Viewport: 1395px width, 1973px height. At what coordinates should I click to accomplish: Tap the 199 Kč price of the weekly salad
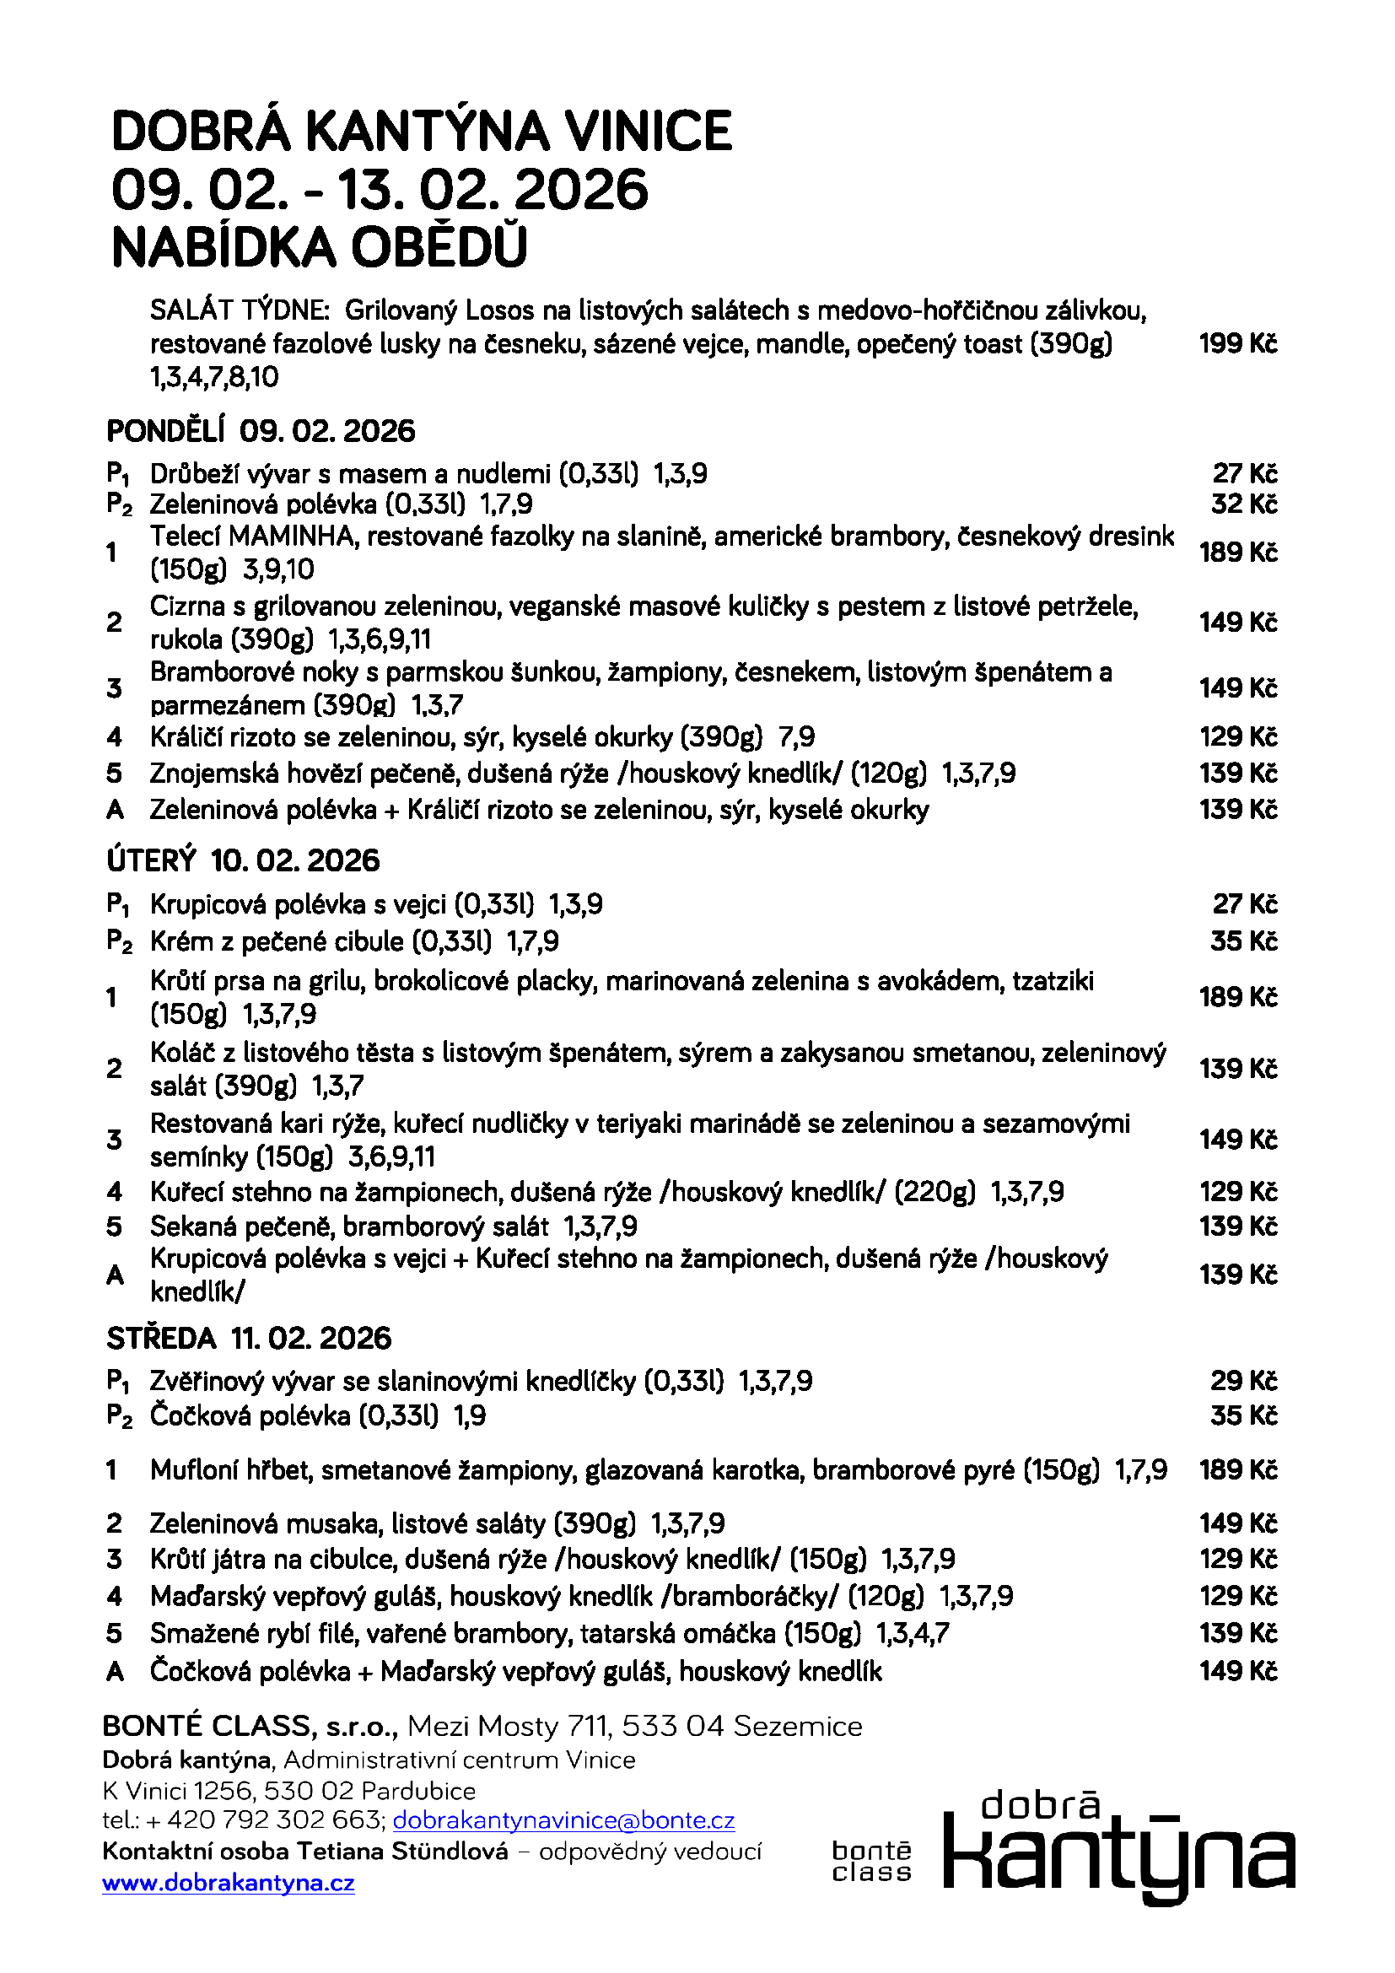1238,343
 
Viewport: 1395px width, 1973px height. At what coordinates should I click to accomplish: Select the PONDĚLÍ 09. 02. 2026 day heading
261,430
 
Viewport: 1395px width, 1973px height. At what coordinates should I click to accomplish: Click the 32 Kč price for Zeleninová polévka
1244,504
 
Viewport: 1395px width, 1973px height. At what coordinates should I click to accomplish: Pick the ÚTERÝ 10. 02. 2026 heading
243,860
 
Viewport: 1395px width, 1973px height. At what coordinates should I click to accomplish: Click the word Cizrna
187,606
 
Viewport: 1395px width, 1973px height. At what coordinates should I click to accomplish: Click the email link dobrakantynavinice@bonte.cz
563,1820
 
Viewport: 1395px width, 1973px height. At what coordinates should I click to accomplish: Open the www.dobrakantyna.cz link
229,1883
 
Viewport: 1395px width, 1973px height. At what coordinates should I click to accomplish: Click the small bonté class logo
871,1862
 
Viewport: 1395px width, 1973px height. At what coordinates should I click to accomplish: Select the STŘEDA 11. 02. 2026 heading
248,1338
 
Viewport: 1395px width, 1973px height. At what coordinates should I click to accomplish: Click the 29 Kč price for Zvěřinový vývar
1244,1381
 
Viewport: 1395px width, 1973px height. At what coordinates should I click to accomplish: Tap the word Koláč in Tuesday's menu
182,1053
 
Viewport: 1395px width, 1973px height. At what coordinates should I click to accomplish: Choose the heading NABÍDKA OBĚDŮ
319,247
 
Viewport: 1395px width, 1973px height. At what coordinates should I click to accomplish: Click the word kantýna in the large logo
1118,1861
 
